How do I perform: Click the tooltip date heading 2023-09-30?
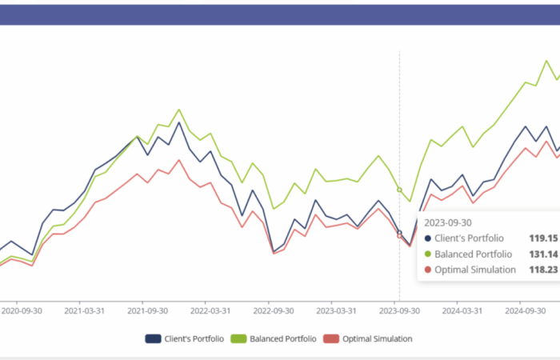[448, 222]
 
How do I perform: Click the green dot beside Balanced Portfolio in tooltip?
[428, 254]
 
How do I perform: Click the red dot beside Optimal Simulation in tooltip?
[428, 270]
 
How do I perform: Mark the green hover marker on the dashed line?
[399, 190]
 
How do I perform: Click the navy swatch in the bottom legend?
[154, 339]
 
